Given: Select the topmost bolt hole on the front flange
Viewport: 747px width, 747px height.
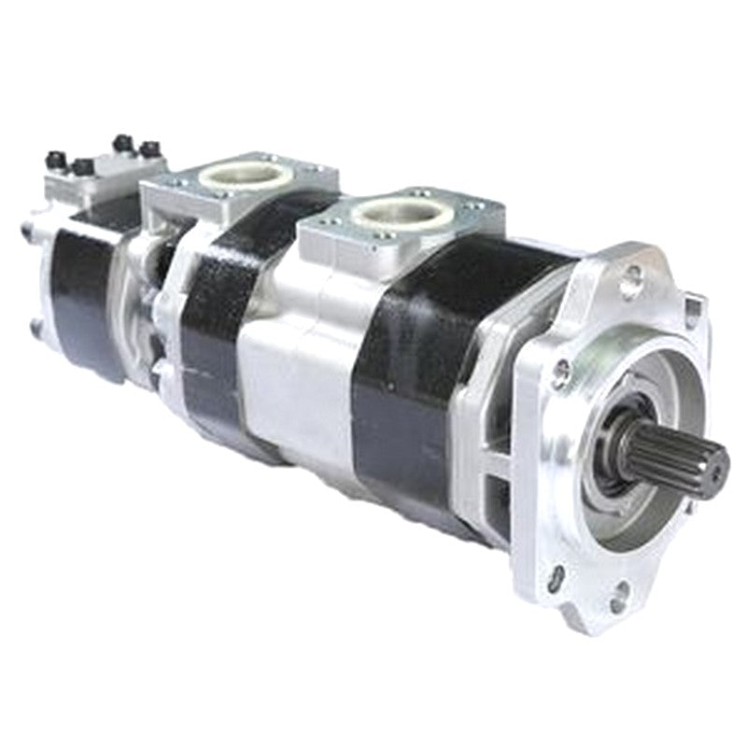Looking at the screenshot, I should (634, 276).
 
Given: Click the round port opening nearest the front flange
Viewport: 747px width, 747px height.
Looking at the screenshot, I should (401, 212).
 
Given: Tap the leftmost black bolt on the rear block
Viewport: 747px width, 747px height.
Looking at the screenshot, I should (56, 161).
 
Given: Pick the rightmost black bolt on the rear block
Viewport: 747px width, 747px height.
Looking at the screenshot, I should (149, 148).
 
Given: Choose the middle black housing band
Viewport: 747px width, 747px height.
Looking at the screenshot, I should (219, 299).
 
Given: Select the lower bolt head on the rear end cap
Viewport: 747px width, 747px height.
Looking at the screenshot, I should (37, 327).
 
